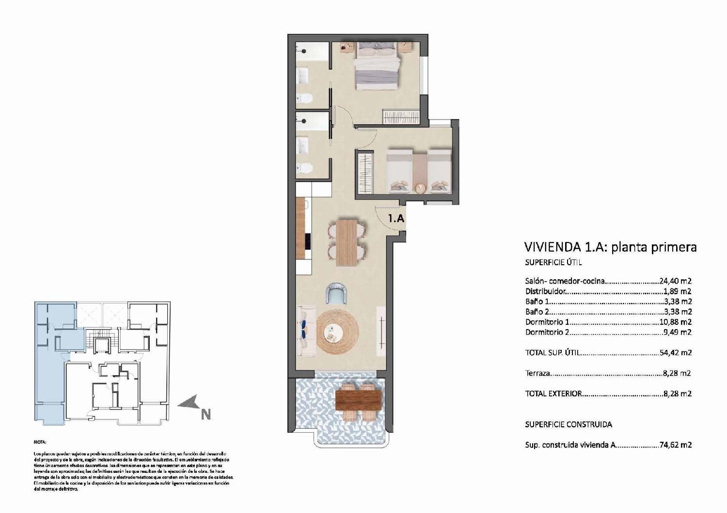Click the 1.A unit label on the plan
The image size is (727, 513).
(396, 218)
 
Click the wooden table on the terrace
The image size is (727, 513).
(358, 400)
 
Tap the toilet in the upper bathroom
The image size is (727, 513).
(305, 99)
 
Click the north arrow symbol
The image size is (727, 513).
(191, 403)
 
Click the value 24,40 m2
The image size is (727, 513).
(675, 281)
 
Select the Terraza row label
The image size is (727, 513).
(537, 373)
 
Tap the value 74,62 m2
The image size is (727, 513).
(675, 445)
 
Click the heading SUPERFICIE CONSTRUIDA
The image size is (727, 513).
(569, 424)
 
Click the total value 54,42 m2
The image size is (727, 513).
(675, 353)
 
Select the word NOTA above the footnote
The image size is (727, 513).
(40, 442)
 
